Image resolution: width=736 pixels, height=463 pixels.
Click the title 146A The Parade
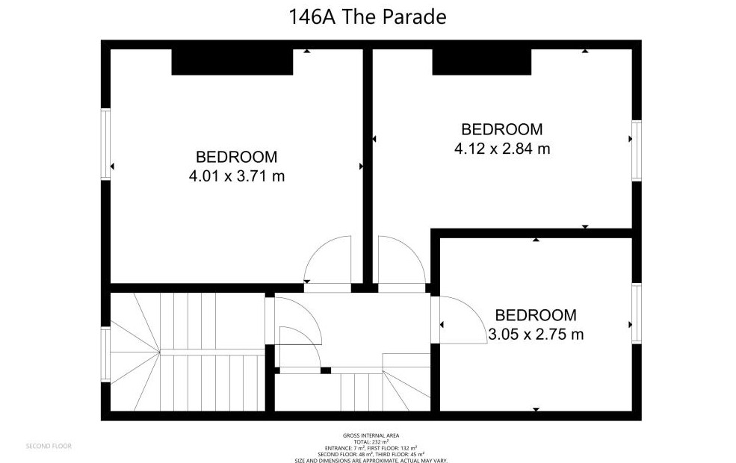click(x=367, y=17)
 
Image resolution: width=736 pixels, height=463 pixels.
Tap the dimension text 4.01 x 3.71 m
click(x=237, y=176)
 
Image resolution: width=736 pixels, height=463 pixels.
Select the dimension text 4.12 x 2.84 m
click(x=502, y=149)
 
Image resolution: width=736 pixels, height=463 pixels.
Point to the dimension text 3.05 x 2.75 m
click(x=536, y=335)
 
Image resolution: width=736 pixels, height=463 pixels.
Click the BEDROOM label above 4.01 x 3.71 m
click(x=237, y=157)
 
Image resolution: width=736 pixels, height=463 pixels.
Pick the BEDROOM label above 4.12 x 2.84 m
click(x=502, y=129)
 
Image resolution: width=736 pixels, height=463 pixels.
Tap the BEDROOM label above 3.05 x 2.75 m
click(x=536, y=314)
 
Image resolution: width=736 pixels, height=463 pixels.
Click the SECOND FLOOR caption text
click(x=49, y=446)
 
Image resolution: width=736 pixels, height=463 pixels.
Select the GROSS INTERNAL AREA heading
click(x=371, y=436)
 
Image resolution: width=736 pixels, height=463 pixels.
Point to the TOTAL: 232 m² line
click(x=371, y=442)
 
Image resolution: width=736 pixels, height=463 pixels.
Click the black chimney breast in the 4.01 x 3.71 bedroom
click(x=232, y=62)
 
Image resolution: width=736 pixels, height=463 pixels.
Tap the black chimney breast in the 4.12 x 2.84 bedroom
click(x=482, y=62)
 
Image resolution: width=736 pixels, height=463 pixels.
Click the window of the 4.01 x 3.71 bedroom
click(x=105, y=144)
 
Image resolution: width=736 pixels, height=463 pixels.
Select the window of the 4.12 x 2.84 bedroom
click(x=637, y=151)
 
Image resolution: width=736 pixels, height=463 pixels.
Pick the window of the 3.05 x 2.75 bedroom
click(x=637, y=314)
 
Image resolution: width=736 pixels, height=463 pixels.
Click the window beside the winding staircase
click(x=105, y=355)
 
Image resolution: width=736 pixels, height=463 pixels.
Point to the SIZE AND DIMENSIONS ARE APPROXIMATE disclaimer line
click(x=371, y=460)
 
